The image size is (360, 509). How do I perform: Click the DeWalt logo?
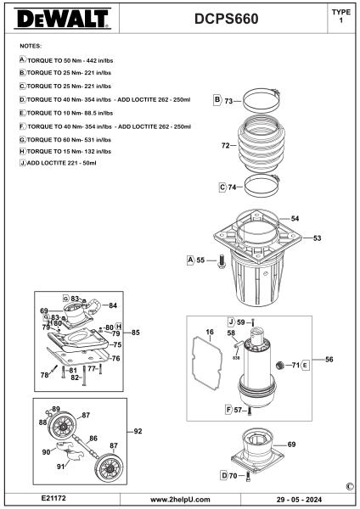62,19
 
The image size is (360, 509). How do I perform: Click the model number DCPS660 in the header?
227,19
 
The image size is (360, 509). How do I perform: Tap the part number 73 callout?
228,101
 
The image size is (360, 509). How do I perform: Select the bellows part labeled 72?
262,144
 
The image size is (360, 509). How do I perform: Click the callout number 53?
317,238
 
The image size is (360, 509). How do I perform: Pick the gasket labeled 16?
206,363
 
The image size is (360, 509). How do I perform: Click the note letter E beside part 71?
305,366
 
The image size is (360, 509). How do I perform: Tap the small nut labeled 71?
279,365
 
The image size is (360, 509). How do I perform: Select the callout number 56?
329,360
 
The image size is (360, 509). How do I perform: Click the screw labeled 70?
249,476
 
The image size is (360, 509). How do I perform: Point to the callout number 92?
138,431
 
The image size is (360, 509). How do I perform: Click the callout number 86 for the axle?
93,439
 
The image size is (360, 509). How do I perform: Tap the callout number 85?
136,333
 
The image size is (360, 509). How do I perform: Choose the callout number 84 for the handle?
113,305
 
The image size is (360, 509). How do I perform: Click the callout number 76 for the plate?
116,358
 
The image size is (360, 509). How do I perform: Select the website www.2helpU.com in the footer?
180,500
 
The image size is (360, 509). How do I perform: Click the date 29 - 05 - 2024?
299,500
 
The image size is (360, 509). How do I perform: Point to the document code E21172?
53,498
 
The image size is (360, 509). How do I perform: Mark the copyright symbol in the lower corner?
350,487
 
